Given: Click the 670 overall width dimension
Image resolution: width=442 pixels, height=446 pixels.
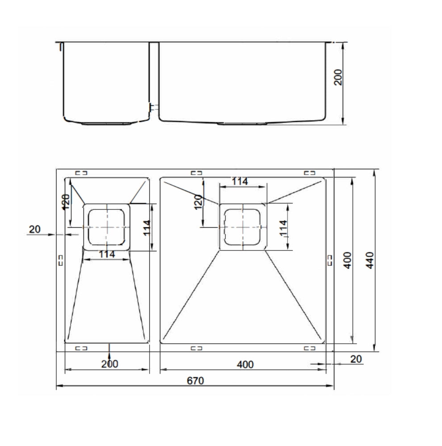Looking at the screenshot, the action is click(196, 380).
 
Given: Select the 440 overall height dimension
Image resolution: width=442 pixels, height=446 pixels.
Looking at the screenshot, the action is click(370, 260).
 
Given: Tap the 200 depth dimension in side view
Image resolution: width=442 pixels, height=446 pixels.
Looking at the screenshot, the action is click(338, 77).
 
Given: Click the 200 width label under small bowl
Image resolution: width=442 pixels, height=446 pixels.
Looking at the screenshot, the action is click(109, 364).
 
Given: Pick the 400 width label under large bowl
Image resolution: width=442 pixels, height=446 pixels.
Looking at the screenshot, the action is click(245, 364).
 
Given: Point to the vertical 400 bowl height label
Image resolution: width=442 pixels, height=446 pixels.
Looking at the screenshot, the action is click(347, 260).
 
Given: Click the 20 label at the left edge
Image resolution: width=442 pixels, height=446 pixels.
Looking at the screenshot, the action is click(35, 229).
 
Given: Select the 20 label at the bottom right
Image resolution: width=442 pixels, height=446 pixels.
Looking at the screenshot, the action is click(356, 359).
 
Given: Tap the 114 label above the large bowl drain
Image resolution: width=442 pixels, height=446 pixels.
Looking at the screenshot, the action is click(240, 181).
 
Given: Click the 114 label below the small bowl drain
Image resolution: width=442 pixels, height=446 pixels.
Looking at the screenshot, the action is click(107, 254).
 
